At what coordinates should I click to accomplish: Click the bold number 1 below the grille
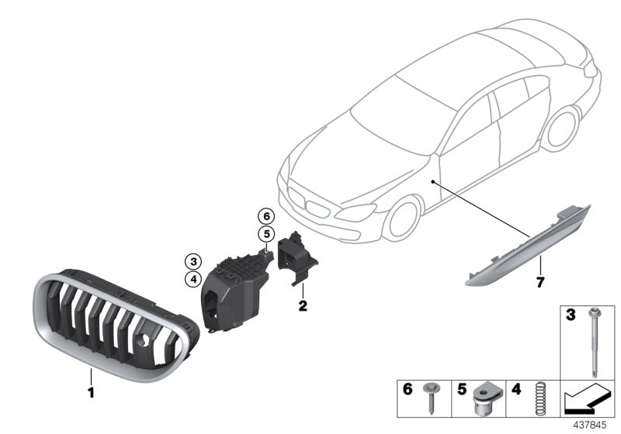point(90,393)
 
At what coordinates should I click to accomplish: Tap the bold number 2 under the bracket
point(303,306)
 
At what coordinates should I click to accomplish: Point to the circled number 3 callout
point(192,260)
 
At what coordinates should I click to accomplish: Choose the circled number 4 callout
point(192,278)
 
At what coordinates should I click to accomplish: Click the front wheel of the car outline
point(401,214)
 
